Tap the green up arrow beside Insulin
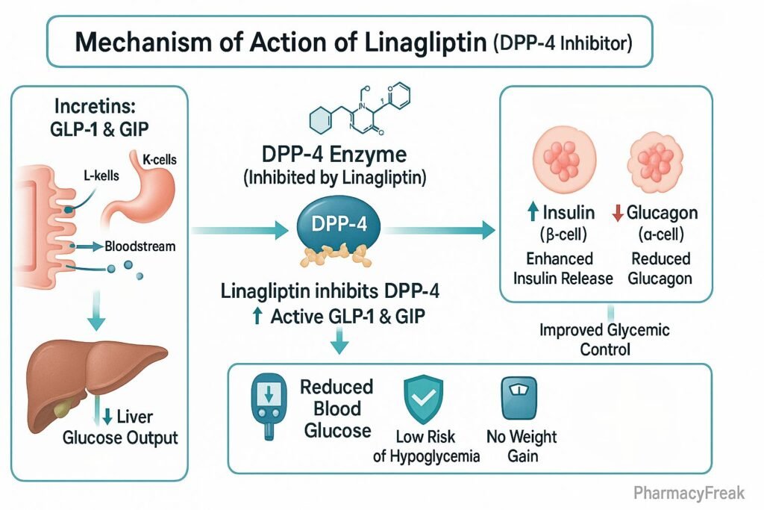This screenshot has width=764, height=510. tap(532, 214)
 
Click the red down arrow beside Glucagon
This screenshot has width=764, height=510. tap(618, 214)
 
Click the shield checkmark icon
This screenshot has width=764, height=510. tap(423, 401)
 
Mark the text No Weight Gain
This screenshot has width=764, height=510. tap(522, 446)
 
